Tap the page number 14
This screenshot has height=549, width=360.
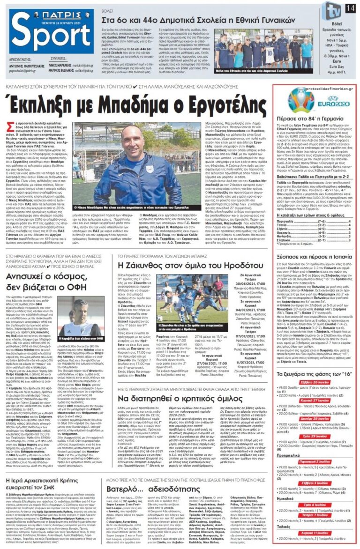pos(350,8)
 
